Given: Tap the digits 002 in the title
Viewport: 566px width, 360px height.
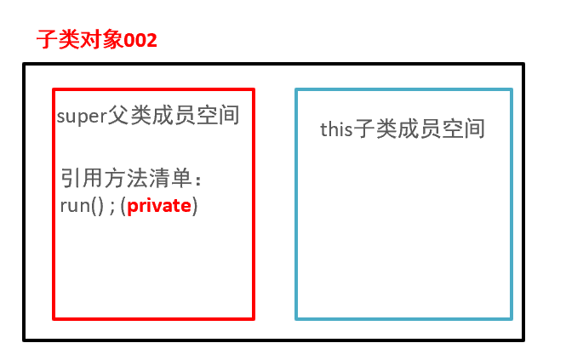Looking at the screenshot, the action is point(141,40).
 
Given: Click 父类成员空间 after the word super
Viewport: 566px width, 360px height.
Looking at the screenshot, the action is point(174,117).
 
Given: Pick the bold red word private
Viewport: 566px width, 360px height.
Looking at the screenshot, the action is point(159,206).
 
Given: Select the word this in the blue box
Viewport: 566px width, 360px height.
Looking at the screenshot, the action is point(335,129).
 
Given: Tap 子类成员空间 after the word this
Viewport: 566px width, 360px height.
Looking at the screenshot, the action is point(419,129).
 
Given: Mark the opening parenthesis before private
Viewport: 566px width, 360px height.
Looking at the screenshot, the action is point(123,206).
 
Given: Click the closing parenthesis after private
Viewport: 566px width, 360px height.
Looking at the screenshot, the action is point(195,206).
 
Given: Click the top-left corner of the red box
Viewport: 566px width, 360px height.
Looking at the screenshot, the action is point(54,89).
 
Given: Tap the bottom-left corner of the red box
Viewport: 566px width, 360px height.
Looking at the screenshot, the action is point(54,318).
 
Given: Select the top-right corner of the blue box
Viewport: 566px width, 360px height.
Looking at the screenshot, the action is point(512,89).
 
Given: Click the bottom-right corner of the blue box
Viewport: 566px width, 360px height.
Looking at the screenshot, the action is point(512,318).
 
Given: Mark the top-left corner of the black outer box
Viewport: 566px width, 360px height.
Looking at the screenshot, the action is point(25,64).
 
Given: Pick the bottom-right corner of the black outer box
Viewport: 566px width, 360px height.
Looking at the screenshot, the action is point(523,340).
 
